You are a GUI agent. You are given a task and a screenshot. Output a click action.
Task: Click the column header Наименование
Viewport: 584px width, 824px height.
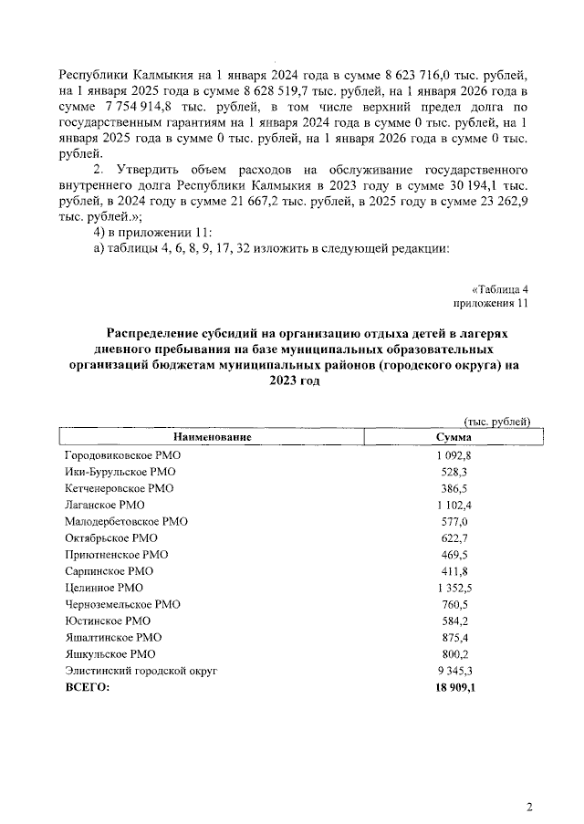coord(208,438)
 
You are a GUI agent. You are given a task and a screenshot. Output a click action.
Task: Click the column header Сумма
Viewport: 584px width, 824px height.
coord(453,438)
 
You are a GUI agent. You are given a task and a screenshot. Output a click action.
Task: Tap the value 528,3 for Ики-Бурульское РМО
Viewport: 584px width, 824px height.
coord(453,472)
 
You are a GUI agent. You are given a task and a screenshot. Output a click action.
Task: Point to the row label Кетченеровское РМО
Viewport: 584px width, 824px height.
coord(119,488)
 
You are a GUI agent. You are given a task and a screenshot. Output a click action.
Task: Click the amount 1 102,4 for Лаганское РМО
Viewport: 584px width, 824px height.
coord(453,505)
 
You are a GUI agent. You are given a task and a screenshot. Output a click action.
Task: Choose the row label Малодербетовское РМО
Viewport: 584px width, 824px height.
coord(126,521)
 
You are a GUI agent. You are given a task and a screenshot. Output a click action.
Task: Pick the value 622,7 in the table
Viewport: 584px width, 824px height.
coord(453,537)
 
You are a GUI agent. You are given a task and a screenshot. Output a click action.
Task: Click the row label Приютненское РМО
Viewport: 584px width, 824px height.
coord(116,554)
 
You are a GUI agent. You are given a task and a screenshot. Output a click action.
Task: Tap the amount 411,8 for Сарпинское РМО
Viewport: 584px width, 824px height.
coord(453,570)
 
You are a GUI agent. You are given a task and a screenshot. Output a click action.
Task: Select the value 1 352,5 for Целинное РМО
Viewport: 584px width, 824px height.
coord(453,587)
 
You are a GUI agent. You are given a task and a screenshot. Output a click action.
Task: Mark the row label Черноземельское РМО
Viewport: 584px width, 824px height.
coord(122,604)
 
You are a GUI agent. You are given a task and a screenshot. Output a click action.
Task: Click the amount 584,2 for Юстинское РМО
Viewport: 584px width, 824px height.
coord(453,621)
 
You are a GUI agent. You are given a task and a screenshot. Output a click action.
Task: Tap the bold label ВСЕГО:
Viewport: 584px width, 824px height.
coord(87,688)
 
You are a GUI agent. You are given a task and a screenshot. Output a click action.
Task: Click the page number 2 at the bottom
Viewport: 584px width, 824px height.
coord(529,806)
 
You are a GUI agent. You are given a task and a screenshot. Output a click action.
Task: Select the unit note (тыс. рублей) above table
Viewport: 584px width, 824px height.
coord(497,421)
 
